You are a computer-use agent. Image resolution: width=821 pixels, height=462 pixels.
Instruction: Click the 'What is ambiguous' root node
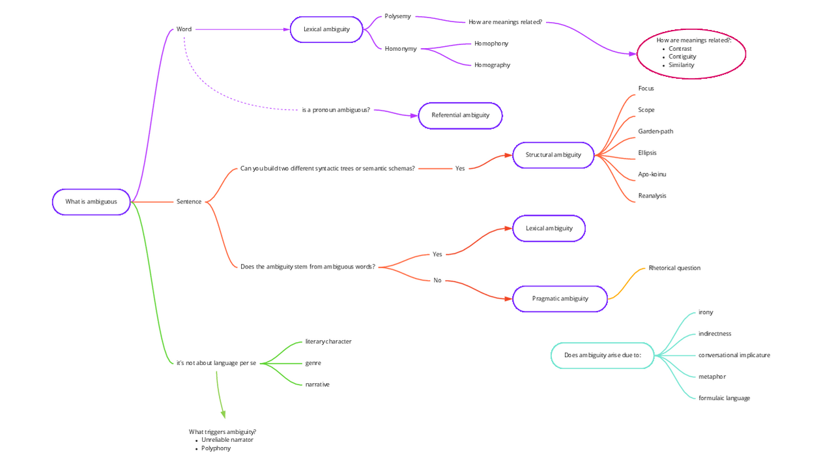[x=91, y=202]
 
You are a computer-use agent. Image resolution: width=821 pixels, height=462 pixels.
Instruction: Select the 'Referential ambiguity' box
[x=460, y=115]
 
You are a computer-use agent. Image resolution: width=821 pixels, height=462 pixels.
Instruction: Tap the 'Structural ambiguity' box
[x=553, y=155]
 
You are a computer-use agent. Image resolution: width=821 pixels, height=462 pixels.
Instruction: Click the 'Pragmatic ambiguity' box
[x=560, y=298]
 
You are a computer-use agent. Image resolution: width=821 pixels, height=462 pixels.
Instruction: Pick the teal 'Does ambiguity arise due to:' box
[x=602, y=355]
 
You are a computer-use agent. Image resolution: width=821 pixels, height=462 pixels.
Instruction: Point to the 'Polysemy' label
[x=397, y=16]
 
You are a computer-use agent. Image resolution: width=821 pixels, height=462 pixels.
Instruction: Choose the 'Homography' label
[x=492, y=65]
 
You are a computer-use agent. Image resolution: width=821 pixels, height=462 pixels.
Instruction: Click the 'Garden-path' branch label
[x=655, y=132]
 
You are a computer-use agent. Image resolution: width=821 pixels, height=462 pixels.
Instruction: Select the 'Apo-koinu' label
[x=652, y=175]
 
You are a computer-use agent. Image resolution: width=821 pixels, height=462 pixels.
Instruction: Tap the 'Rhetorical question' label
[x=674, y=268]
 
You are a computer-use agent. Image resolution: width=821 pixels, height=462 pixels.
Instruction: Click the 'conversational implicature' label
[x=734, y=355]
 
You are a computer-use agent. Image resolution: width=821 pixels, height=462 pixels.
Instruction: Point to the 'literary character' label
[x=328, y=341]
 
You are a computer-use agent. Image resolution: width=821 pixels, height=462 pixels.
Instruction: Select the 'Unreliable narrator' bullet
[x=227, y=440]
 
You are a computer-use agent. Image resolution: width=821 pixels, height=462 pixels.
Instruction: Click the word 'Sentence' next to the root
[x=189, y=202]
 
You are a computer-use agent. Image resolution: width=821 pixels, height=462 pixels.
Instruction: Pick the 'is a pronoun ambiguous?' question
[x=336, y=110]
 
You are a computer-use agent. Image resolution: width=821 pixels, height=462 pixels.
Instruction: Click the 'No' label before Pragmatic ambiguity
[x=437, y=281]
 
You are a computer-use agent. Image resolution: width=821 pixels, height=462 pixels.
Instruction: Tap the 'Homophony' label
[x=491, y=44]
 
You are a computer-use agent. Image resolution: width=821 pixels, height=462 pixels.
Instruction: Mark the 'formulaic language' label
[x=724, y=398]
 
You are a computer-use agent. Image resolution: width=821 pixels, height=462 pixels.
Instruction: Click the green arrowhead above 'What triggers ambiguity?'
[x=223, y=414]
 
